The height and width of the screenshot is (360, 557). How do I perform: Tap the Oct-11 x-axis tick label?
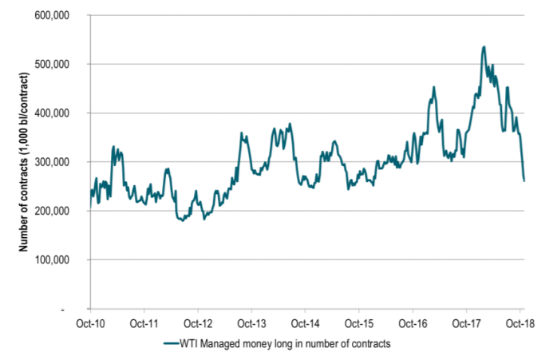144,324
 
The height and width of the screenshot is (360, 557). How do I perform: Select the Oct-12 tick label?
197,324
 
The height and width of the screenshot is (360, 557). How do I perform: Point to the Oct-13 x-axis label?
251,324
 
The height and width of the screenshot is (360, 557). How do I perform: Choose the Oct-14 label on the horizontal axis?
305,324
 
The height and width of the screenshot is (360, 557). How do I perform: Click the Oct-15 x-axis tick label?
359,324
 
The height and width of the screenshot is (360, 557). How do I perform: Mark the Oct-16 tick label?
413,324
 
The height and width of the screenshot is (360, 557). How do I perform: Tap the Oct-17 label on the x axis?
467,324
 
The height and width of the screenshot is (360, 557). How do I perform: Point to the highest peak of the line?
484,46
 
